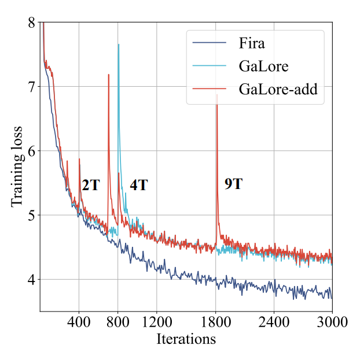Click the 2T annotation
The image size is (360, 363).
[90, 186]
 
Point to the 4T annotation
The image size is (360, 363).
[138, 186]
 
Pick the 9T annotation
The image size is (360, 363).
[233, 184]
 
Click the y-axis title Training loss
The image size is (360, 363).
[17, 166]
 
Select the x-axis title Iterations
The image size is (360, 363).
[186, 339]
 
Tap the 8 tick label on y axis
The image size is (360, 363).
[31, 22]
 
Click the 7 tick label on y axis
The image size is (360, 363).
[31, 87]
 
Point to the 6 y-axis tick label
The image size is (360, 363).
[31, 151]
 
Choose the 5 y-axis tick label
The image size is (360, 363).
[31, 216]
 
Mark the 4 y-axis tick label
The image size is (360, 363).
[31, 280]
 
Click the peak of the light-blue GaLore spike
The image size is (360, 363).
[119, 45]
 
